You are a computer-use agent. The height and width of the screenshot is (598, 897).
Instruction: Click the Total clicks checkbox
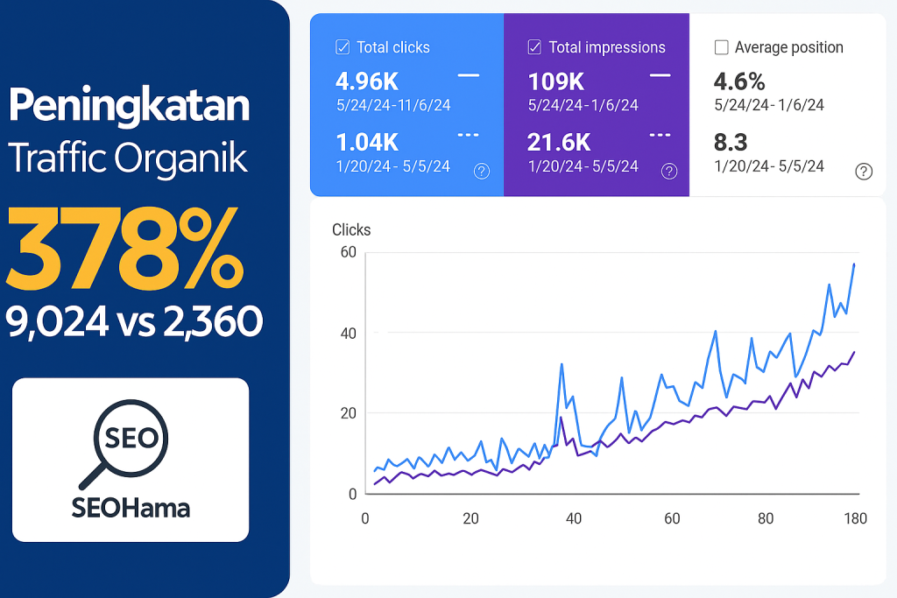pyautogui.click(x=343, y=47)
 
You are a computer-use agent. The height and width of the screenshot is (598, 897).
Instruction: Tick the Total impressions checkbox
pyautogui.click(x=534, y=47)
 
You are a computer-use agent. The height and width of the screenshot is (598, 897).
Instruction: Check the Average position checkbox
pyautogui.click(x=721, y=47)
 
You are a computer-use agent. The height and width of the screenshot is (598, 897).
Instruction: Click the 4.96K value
pyautogui.click(x=367, y=81)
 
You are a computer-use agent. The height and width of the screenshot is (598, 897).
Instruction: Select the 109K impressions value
pyautogui.click(x=556, y=81)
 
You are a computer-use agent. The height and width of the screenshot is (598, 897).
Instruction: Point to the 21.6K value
pyautogui.click(x=559, y=142)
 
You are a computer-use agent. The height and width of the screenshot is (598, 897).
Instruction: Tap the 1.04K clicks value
pyautogui.click(x=367, y=142)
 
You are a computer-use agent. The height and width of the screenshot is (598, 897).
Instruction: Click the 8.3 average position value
pyautogui.click(x=730, y=142)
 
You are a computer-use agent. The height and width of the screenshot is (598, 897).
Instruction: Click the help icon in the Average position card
pyautogui.click(x=863, y=172)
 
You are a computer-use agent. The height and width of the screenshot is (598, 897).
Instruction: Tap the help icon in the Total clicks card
pyautogui.click(x=481, y=172)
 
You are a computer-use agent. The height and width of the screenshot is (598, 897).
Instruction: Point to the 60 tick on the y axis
pyautogui.click(x=348, y=253)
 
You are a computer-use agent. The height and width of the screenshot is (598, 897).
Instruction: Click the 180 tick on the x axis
pyautogui.click(x=854, y=518)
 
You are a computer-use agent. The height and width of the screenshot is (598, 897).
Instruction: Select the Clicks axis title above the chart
pyautogui.click(x=351, y=230)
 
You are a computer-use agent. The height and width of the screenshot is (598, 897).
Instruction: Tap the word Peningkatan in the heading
pyautogui.click(x=129, y=107)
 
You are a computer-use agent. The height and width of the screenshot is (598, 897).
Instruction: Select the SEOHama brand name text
pyautogui.click(x=131, y=507)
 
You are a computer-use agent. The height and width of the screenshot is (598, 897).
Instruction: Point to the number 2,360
pyautogui.click(x=211, y=322)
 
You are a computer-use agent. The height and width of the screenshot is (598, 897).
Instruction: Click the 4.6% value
pyautogui.click(x=739, y=81)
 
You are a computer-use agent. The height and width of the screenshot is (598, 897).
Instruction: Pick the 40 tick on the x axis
pyautogui.click(x=574, y=518)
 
